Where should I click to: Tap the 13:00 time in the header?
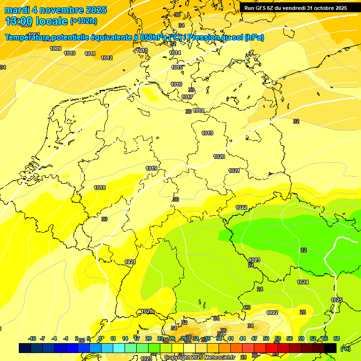pyautogui.click(x=19, y=21)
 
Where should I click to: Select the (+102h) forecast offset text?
pyautogui.click(x=84, y=21)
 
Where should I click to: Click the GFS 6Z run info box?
pyautogui.click(x=296, y=8)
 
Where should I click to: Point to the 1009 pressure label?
pyautogui.click(x=55, y=48)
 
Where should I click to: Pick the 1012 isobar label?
pyautogui.click(x=107, y=58)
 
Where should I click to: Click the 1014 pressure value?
pyautogui.click(x=175, y=53)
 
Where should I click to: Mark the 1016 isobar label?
pyautogui.click(x=176, y=84)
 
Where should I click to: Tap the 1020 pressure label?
pyautogui.click(x=219, y=157)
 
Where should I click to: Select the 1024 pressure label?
pyautogui.click(x=303, y=282)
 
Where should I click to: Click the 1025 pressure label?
pyautogui.click(x=337, y=300)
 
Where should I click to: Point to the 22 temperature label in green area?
pyautogui.click(x=304, y=250)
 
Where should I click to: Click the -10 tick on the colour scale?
pyautogui.click(x=32, y=338)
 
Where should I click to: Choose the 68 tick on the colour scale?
pyautogui.click(x=337, y=338)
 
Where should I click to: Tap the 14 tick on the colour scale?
pyautogui.click(x=125, y=338)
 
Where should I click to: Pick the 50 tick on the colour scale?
pyautogui.click(x=266, y=338)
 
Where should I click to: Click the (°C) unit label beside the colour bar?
pyautogui.click(x=345, y=349)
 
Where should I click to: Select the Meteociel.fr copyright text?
pyautogui.click(x=199, y=358)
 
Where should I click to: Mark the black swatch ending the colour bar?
pyautogui.click(x=330, y=348)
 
